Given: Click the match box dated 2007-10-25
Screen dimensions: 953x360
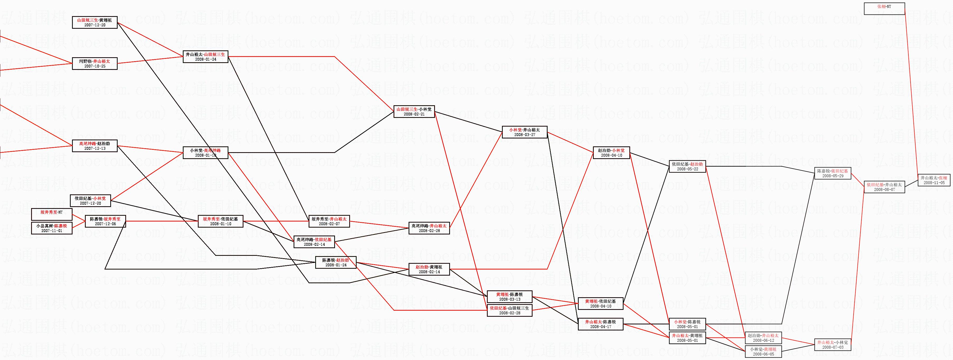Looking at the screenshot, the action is pyautogui.click(x=95, y=64).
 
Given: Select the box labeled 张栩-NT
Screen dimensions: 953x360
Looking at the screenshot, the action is pyautogui.click(x=884, y=8).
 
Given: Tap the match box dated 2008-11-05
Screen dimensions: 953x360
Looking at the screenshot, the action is pyautogui.click(x=934, y=180).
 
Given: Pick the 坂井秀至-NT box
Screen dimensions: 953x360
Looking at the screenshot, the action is pyautogui.click(x=51, y=212).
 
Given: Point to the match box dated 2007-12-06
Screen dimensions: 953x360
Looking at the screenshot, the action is pyautogui.click(x=106, y=221).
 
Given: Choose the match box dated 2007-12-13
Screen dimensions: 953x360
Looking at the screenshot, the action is pyautogui.click(x=95, y=146).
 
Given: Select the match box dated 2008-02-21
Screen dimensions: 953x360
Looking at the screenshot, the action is pyautogui.click(x=414, y=112).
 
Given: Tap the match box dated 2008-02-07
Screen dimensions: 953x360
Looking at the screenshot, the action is pyautogui.click(x=329, y=221).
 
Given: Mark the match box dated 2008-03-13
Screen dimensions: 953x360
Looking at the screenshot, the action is pyautogui.click(x=509, y=297).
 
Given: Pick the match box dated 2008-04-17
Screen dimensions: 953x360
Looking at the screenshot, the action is pyautogui.click(x=600, y=324).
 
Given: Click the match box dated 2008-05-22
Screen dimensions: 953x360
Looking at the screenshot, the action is pyautogui.click(x=687, y=166).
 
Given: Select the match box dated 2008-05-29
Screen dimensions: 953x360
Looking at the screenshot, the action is pyautogui.click(x=833, y=174).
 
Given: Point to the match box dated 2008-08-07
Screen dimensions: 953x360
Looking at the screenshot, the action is pyautogui.click(x=884, y=187).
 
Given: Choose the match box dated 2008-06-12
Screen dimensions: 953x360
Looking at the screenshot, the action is pyautogui.click(x=763, y=338).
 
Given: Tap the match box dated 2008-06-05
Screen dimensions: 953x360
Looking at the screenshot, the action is pyautogui.click(x=763, y=352).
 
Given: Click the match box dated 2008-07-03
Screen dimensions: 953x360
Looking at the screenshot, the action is pyautogui.click(x=833, y=345).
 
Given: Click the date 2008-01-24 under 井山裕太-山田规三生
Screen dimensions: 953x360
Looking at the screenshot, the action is pyautogui.click(x=205, y=59).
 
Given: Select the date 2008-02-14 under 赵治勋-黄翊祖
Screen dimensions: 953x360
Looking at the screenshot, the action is pyautogui.click(x=429, y=272).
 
